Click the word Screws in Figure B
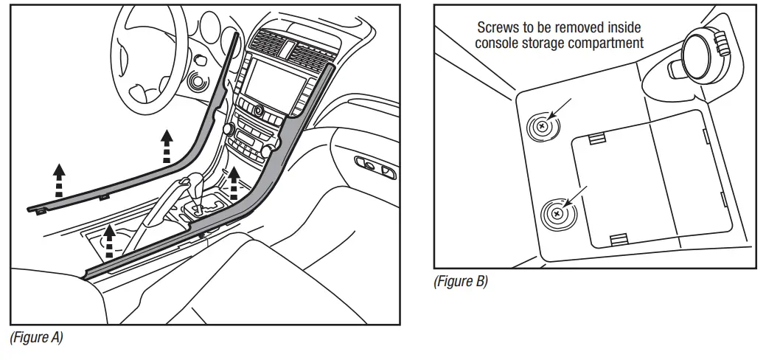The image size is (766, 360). point(497,27)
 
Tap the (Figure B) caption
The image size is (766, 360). point(461,281)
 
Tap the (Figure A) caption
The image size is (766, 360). point(36,337)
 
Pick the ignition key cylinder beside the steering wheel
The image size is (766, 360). point(197,80)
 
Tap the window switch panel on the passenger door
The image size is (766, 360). point(375,166)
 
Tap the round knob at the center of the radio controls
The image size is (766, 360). point(260,111)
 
